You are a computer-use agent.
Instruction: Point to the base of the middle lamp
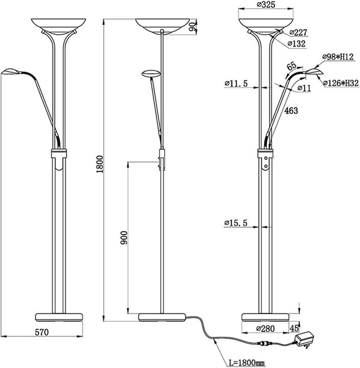pos(162,316)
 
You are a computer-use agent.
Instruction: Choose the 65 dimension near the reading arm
pos(292,67)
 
